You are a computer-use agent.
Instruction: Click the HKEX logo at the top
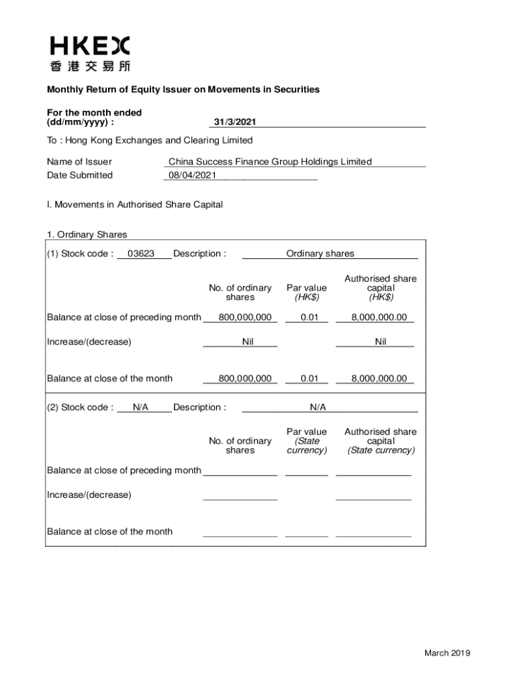click(89, 54)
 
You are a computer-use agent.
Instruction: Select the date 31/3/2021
click(234, 122)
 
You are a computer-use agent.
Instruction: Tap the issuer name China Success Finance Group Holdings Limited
click(270, 162)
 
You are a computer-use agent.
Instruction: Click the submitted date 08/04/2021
click(192, 175)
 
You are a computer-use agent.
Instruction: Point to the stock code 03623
click(141, 254)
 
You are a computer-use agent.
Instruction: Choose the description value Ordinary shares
click(320, 254)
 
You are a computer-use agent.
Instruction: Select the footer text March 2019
click(446, 653)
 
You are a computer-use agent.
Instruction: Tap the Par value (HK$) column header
click(307, 293)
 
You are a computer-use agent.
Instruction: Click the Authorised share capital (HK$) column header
click(381, 288)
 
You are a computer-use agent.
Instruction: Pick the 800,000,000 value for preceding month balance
click(244, 317)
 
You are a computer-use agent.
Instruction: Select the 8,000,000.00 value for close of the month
click(379, 378)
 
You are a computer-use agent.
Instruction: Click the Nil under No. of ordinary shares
click(248, 341)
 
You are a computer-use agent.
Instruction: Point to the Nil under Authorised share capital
click(381, 341)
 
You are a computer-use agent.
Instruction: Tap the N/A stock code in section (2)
click(140, 407)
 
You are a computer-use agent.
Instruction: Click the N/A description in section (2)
click(318, 407)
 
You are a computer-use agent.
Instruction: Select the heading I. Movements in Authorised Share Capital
click(134, 205)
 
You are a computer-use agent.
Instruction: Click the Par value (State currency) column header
click(307, 441)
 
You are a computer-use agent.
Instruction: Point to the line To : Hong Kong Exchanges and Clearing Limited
click(150, 140)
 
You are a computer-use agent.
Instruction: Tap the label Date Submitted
click(80, 175)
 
